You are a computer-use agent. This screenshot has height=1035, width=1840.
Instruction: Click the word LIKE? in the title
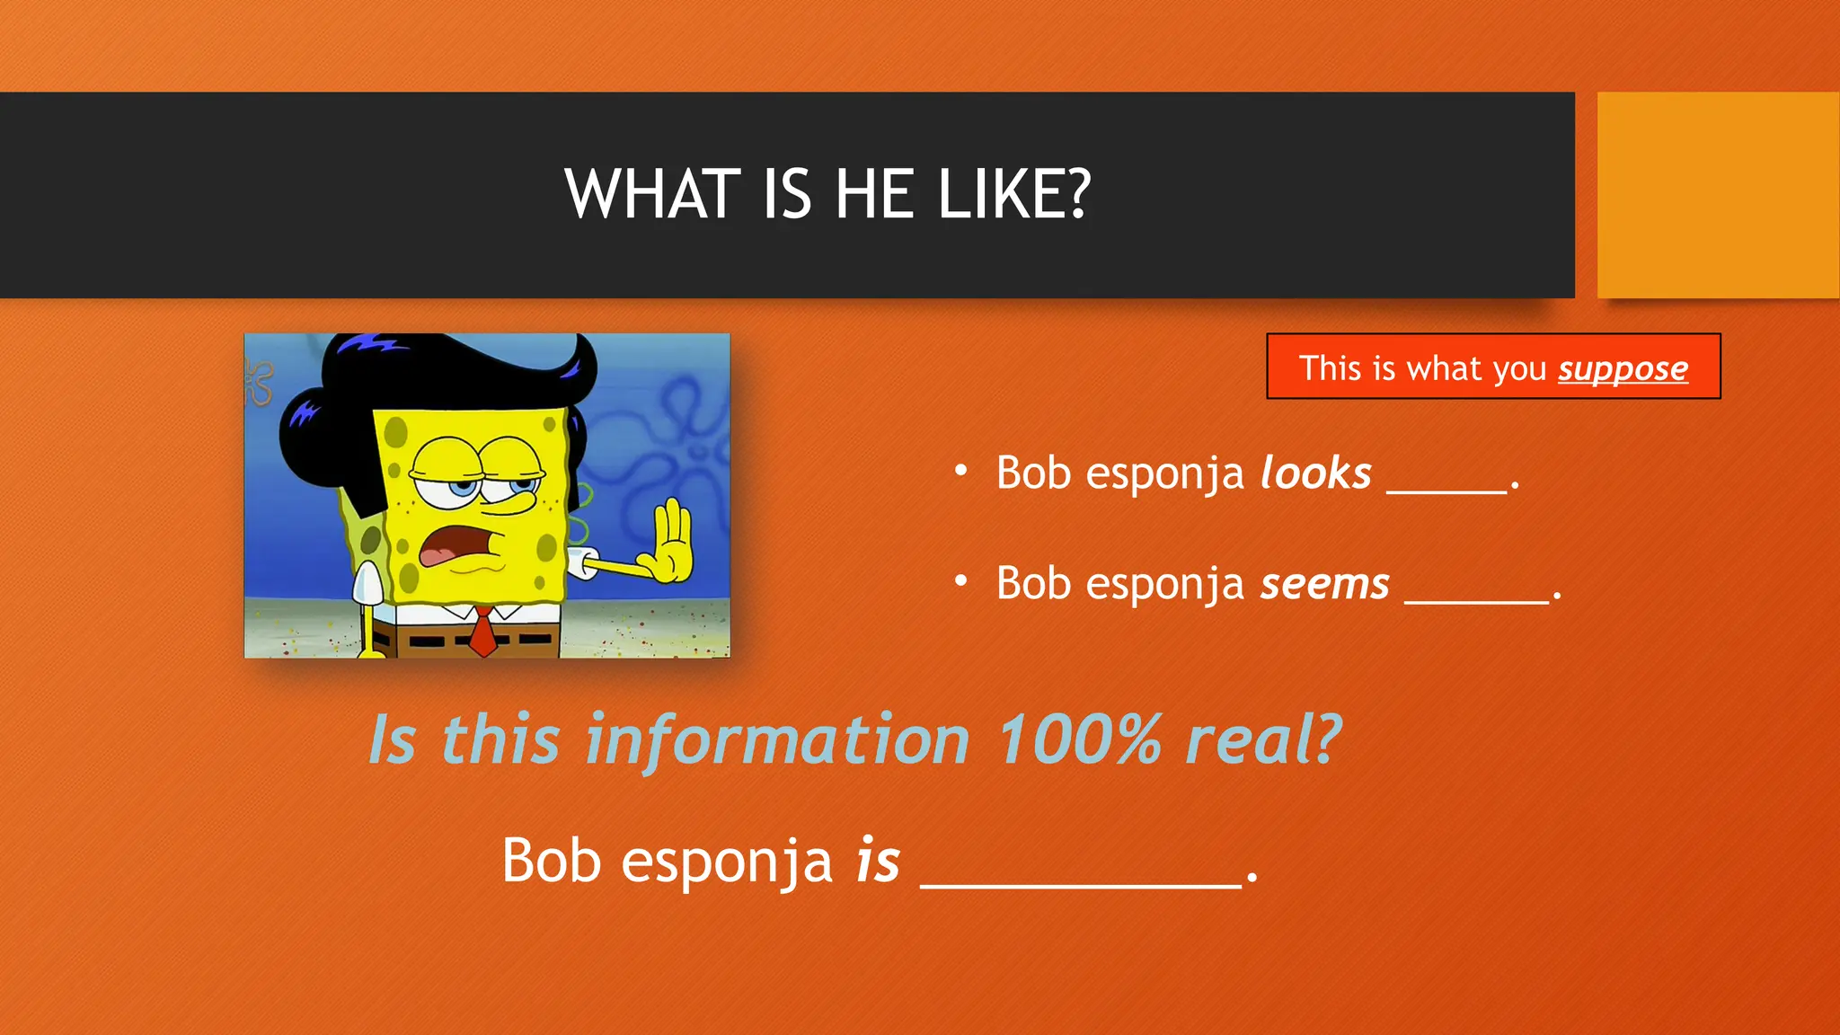[1013, 194]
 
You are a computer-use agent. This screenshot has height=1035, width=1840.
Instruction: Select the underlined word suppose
[1623, 368]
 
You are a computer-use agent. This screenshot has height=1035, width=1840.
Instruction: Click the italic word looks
[1316, 473]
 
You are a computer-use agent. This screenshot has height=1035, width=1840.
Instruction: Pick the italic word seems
[1325, 584]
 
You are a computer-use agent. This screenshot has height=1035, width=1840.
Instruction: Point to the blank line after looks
[1446, 490]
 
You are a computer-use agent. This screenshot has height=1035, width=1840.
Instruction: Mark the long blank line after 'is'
[1081, 884]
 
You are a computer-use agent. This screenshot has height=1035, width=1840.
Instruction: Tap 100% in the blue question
[1080, 739]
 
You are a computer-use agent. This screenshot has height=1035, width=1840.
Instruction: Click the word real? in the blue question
[1263, 739]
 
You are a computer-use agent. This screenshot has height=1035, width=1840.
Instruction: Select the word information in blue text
[777, 739]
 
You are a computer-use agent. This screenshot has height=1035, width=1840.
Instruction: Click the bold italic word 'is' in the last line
[878, 861]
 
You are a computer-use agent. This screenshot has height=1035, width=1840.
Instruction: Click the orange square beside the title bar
[1718, 194]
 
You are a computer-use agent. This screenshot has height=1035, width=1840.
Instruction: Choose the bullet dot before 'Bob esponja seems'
[961, 581]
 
